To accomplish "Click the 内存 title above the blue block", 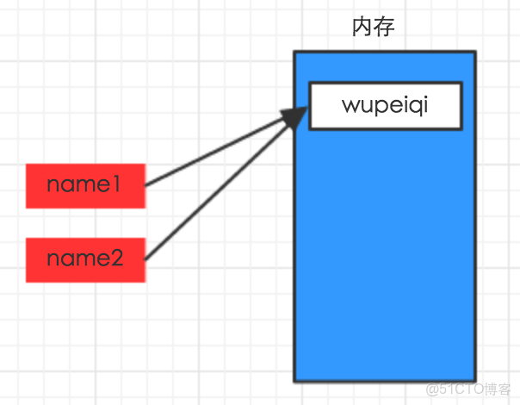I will coord(373,28).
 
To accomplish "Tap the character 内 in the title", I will coord(362,28).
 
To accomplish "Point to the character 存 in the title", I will coord(384,28).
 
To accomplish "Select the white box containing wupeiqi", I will coord(385,106).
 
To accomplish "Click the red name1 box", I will coord(85,185).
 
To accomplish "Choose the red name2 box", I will coord(85,259).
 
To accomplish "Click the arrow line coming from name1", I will coord(215,153).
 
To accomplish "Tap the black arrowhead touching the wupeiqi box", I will coord(295,116).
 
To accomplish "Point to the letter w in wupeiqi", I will coord(350,106).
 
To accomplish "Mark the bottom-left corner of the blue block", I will coord(294,380).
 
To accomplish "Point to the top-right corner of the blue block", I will coord(474,53).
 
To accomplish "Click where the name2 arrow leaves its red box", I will coord(145,259).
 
